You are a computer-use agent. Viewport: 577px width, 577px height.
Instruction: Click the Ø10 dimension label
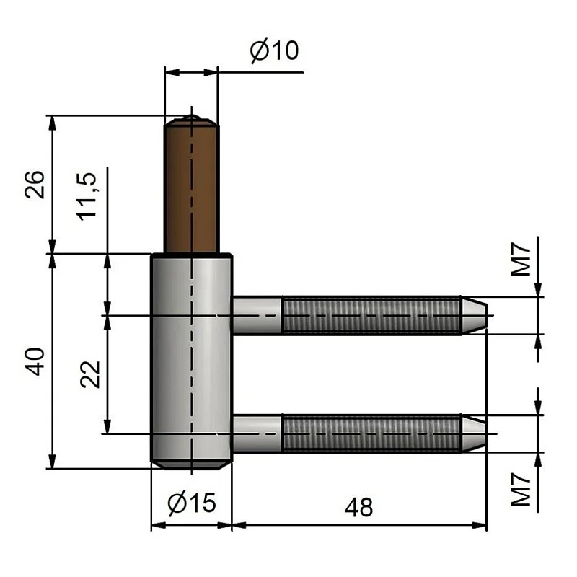(274, 51)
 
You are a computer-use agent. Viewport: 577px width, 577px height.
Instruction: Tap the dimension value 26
(37, 185)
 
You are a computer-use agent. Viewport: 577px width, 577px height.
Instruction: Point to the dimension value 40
(37, 359)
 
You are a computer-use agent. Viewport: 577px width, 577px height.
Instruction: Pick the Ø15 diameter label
(190, 503)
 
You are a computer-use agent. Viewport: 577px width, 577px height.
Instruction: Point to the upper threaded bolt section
(371, 315)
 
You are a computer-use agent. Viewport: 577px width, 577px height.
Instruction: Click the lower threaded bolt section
(371, 433)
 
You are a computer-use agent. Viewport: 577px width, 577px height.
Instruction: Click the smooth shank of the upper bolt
(257, 315)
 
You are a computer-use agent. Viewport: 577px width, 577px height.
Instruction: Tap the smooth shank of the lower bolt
(257, 433)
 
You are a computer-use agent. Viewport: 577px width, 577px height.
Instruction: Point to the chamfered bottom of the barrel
(191, 464)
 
